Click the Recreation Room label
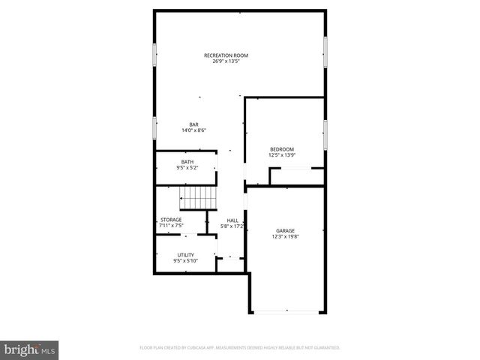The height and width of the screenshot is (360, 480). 226,55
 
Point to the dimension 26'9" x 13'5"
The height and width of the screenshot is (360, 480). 226,61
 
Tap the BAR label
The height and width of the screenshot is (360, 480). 193,124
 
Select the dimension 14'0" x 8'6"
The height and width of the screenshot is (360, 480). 193,130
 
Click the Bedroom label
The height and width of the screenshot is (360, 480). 282,149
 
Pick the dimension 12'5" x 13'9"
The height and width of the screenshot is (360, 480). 282,155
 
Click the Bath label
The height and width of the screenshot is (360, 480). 187,162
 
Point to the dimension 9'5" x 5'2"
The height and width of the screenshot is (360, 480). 187,168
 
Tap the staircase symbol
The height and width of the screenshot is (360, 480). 197,199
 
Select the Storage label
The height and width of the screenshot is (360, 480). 170,219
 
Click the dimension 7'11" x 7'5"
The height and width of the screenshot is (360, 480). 170,225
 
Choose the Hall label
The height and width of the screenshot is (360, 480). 232,219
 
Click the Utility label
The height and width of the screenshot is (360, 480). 185,255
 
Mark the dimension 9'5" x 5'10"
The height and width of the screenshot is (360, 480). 185,261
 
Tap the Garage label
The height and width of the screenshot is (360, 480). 285,231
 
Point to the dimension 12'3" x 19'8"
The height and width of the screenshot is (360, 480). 285,237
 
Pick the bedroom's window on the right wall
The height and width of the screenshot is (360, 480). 326,135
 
